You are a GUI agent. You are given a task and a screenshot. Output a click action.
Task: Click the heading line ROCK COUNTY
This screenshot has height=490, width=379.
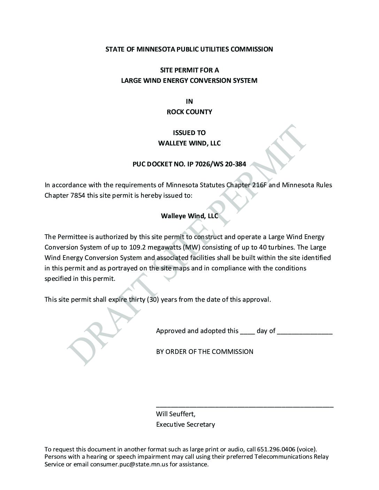point(189,112)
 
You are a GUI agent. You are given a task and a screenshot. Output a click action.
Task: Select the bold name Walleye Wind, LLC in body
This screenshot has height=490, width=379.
point(189,216)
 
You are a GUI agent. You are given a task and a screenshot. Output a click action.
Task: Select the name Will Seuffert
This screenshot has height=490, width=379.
point(176,414)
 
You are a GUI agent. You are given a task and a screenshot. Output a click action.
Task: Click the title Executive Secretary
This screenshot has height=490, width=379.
point(185,425)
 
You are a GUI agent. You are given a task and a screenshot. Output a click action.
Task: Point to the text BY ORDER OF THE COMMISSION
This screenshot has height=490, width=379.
point(204,351)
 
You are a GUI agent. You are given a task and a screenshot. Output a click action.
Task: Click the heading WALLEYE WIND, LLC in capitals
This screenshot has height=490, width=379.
point(189,143)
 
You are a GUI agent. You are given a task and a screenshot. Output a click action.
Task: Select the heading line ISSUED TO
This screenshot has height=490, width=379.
point(189,133)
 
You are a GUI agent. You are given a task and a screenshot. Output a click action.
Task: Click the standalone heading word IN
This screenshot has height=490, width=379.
point(189,101)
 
